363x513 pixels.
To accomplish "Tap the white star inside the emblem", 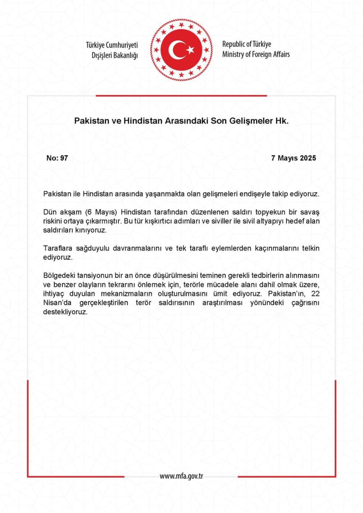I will click(x=191, y=49).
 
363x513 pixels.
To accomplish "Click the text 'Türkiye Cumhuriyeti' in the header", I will click(x=112, y=45).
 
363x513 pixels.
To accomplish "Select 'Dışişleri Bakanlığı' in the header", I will click(x=115, y=55).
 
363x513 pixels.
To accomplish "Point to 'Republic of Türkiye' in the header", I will click(x=247, y=44).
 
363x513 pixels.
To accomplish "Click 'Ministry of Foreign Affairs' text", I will click(x=256, y=54).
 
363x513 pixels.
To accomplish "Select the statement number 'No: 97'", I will click(x=57, y=158).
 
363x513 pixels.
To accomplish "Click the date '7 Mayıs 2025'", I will click(x=293, y=158).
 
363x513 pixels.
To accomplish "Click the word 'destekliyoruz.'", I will click(x=65, y=312).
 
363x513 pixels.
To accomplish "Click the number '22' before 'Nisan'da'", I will click(x=315, y=294).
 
